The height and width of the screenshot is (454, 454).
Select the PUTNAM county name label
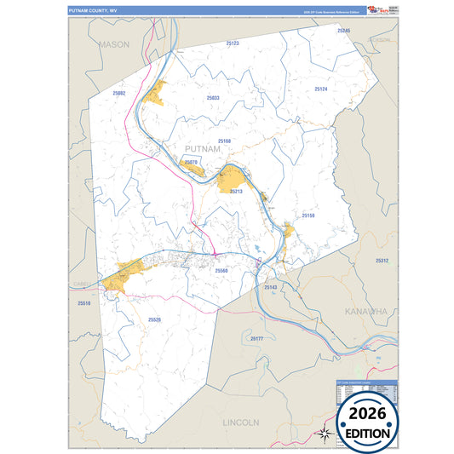click(x=203, y=149)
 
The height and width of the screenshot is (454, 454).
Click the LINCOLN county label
click(x=239, y=422)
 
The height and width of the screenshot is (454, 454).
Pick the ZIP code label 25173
click(x=233, y=43)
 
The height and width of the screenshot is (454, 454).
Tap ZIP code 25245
click(x=344, y=31)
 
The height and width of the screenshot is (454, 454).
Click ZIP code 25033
click(x=213, y=98)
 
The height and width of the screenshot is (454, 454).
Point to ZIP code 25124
click(x=320, y=89)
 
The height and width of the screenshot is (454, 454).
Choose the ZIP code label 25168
click(x=224, y=141)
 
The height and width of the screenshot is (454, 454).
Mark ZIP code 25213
click(x=236, y=192)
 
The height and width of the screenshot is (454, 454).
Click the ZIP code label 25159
click(x=308, y=216)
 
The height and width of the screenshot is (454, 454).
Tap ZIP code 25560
click(x=221, y=270)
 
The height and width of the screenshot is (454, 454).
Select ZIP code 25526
click(x=154, y=319)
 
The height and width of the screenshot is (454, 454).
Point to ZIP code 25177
click(x=256, y=338)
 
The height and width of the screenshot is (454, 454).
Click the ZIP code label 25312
click(x=382, y=261)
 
